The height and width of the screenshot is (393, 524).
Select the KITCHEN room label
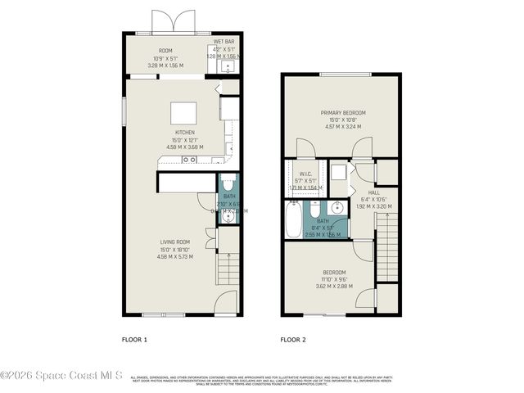[183, 132]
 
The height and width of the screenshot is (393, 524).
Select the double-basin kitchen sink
[189, 160]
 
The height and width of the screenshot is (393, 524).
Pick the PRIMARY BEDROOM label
[342, 112]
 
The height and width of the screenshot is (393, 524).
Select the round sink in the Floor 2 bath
[337, 206]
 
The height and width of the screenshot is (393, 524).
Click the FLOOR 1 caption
[134, 339]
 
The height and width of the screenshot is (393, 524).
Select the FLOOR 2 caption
[292, 339]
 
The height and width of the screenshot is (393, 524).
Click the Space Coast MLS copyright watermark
[61, 377]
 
